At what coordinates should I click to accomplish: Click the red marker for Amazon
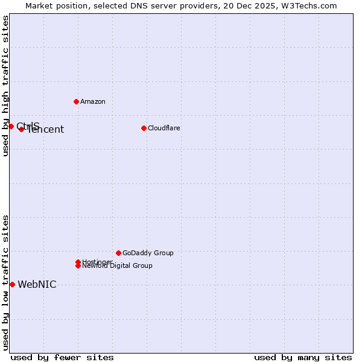[76, 101]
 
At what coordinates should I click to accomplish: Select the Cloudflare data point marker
[144, 128]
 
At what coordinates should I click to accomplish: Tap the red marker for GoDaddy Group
[118, 253]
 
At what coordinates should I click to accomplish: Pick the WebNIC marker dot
[12, 284]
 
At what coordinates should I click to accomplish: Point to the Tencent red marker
[21, 129]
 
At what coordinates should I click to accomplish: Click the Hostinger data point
[78, 262]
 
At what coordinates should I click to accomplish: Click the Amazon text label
[93, 101]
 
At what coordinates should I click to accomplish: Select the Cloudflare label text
[164, 128]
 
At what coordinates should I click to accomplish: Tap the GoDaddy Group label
[148, 253]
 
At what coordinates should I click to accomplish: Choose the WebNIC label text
[37, 285]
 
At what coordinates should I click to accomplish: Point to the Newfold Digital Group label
[118, 266]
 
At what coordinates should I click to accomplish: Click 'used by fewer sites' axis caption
[62, 357]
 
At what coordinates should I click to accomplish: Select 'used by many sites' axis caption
[303, 357]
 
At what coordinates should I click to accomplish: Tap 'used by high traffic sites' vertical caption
[6, 86]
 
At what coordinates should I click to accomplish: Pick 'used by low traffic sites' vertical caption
[6, 282]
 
